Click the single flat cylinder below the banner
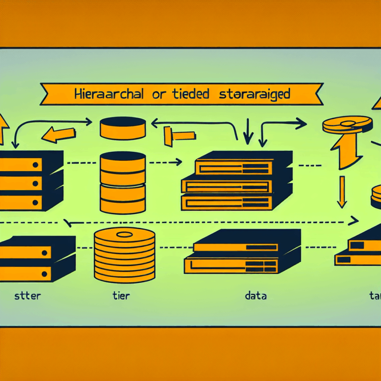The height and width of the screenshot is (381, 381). point(123,128)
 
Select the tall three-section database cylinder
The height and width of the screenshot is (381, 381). point(123,182)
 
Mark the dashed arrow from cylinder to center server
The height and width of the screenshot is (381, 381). point(164,161)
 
